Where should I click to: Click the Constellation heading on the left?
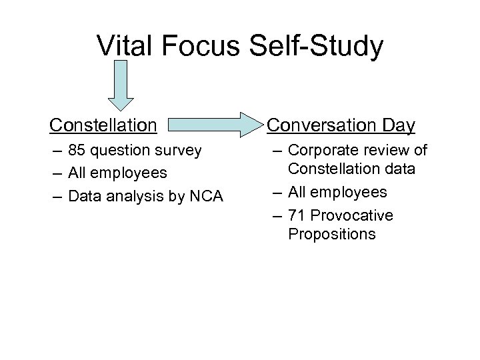[104, 125]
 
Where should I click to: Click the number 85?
[77, 151]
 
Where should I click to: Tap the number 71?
[297, 215]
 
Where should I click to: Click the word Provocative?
[351, 215]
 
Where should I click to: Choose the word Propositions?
[332, 235]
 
